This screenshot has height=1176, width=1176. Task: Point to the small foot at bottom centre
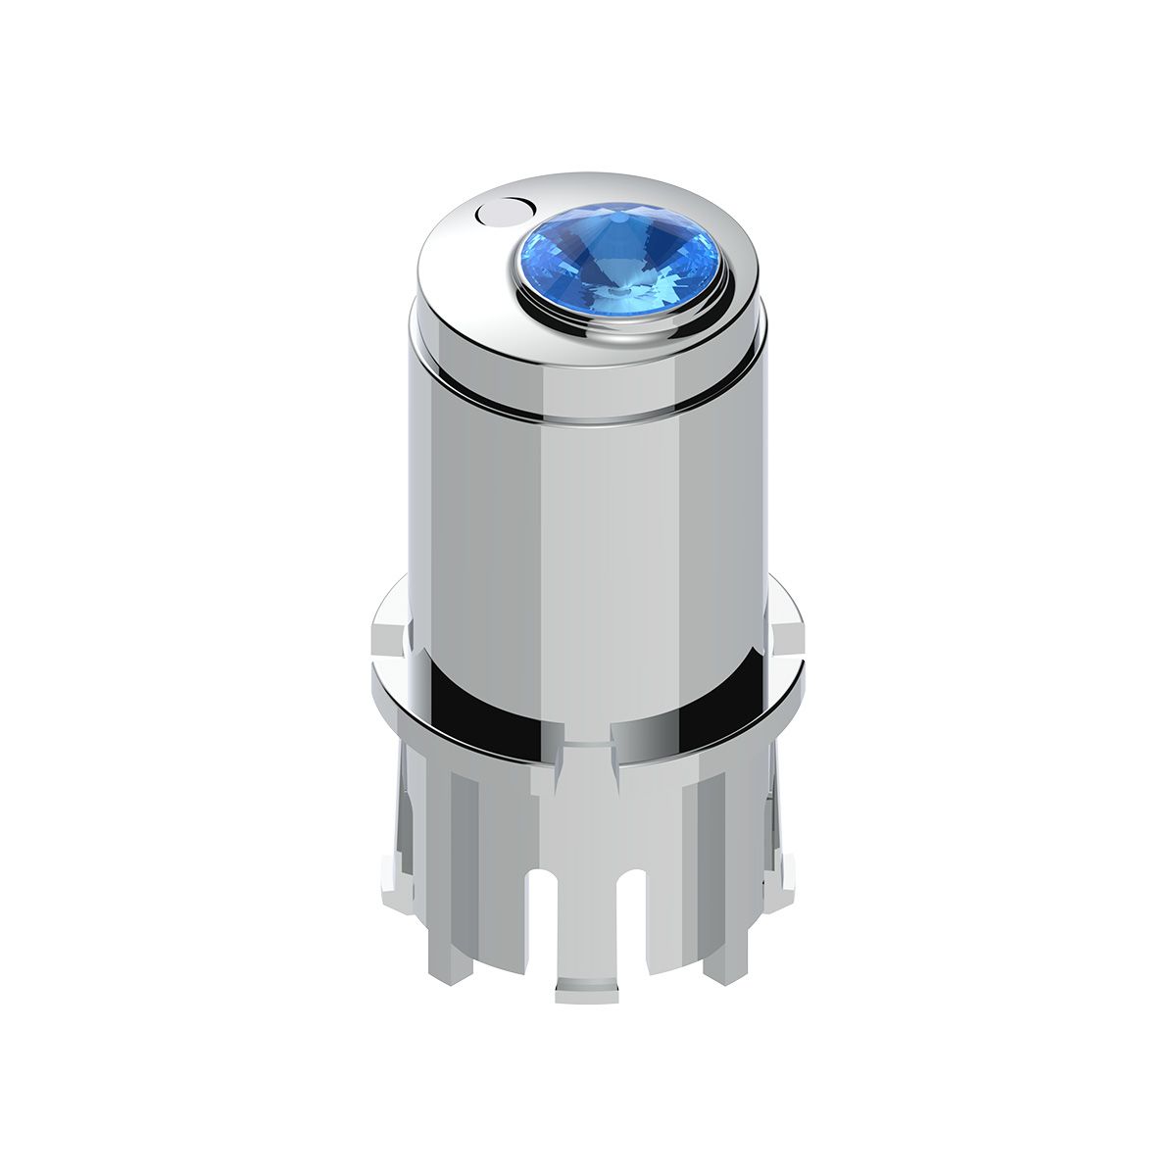(x=589, y=991)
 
